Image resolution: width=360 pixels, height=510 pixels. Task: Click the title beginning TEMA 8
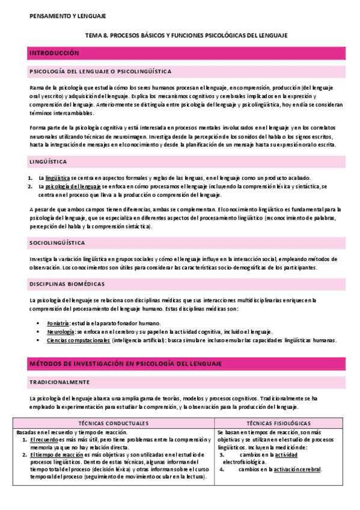(x=185, y=35)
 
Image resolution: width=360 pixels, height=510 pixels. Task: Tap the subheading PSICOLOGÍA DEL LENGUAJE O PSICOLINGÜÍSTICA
(x=100, y=72)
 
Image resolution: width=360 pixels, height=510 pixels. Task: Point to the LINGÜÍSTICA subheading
(x=48, y=162)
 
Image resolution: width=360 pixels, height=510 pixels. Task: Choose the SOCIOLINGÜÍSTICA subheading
(x=57, y=242)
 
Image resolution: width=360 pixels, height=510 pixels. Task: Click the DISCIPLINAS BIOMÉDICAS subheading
(x=67, y=283)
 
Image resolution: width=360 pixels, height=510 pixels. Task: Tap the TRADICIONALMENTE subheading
(x=59, y=382)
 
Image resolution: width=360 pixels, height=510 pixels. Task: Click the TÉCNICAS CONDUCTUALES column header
(x=114, y=423)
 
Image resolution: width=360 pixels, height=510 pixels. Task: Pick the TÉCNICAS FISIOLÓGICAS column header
(x=278, y=423)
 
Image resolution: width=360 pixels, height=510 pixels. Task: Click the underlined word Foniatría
(x=58, y=324)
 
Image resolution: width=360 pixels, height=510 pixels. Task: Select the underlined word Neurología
(x=60, y=331)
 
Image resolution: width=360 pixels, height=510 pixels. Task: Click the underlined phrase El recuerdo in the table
(x=43, y=440)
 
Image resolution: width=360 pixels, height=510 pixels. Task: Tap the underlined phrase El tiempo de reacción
(x=56, y=455)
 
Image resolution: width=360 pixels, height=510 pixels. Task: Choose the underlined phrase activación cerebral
(x=296, y=470)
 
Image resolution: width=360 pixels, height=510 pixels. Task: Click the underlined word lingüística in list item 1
(x=58, y=178)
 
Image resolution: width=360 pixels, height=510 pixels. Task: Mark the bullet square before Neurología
(x=38, y=332)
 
